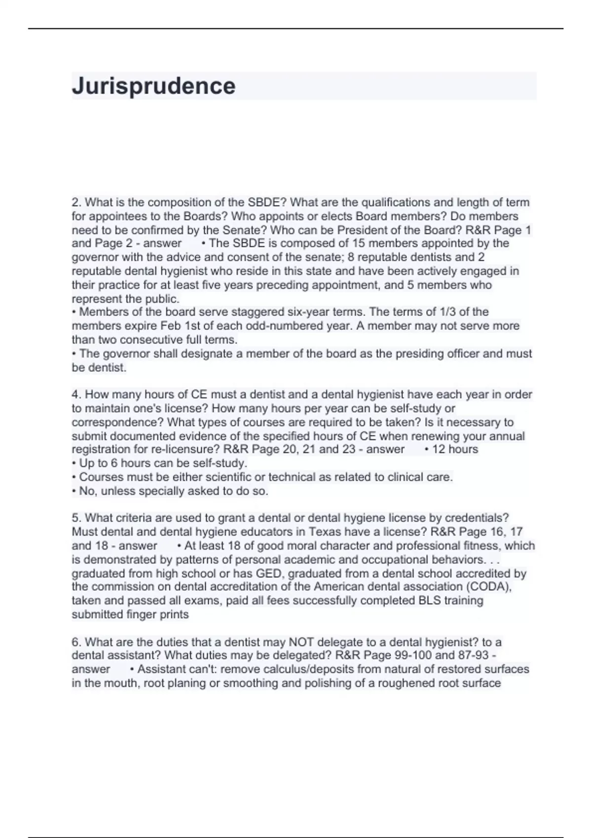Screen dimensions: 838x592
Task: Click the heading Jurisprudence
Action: (x=153, y=86)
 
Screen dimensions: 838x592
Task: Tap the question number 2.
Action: (x=75, y=203)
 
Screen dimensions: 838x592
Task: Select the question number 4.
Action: (x=75, y=395)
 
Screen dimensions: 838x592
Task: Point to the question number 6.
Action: (x=75, y=642)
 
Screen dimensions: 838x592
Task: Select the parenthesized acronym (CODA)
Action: (x=487, y=587)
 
